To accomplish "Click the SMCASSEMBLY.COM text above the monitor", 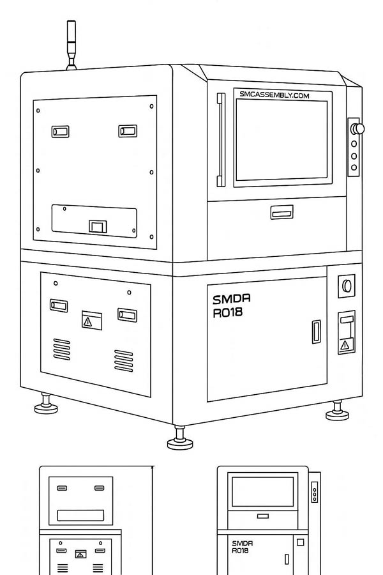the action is [274, 95].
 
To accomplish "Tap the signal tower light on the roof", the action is [71, 45].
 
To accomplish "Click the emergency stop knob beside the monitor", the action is [357, 128].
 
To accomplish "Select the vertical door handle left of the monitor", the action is [221, 140].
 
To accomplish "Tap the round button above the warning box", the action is [346, 286].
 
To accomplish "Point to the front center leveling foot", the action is [180, 438].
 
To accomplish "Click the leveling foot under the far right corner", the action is [337, 411].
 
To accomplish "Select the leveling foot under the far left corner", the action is [46, 404].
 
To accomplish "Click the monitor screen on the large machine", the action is [282, 140].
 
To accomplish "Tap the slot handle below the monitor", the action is [282, 212].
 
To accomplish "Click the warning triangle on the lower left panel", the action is [87, 321].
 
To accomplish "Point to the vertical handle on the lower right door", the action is [317, 332].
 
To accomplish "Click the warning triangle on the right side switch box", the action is [345, 345].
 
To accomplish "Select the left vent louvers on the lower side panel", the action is [61, 349].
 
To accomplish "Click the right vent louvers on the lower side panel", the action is [123, 361].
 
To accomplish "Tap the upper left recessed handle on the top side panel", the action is [60, 132].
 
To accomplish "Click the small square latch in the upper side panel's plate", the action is [98, 226].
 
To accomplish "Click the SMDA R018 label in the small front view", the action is [243, 546].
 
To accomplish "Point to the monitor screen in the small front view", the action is [262, 492].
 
